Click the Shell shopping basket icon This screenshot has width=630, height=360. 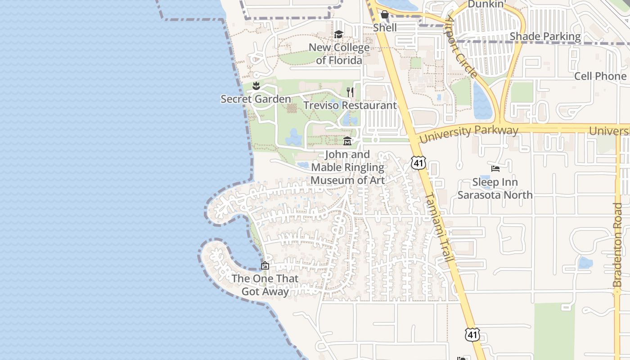(x=385, y=15)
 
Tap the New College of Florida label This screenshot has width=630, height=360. (x=339, y=54)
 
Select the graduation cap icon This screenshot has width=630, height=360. (x=338, y=34)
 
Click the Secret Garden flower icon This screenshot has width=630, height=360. (x=256, y=85)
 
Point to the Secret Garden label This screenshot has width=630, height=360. (x=256, y=99)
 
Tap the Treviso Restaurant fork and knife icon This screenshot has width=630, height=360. (x=350, y=92)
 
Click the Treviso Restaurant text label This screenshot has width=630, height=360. (x=350, y=105)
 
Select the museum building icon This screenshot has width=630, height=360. (x=347, y=141)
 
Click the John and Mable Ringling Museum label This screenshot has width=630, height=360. (x=348, y=167)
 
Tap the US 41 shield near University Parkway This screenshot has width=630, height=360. (x=418, y=162)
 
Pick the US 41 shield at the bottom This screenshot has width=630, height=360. (x=472, y=334)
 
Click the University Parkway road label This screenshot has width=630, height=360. (x=468, y=133)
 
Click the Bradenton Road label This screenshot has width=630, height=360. (x=617, y=245)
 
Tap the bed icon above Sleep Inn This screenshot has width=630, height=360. (x=495, y=169)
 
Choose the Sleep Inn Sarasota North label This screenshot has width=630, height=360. (x=495, y=189)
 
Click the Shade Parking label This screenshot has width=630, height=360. (x=545, y=36)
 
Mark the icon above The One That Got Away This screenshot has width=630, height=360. (x=265, y=265)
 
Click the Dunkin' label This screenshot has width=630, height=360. (x=486, y=4)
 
